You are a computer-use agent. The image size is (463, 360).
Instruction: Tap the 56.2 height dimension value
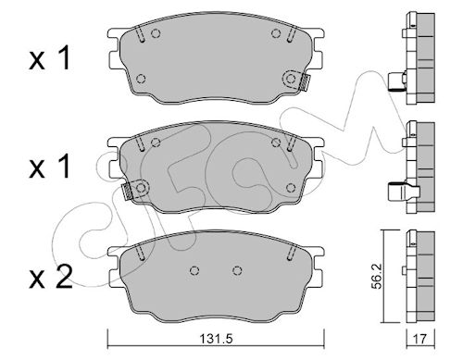[377, 277]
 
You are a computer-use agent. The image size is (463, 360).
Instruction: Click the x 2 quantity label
[51, 277]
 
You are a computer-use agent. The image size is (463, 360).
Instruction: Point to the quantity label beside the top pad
[49, 57]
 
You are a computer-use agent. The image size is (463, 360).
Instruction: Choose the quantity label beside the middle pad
[49, 167]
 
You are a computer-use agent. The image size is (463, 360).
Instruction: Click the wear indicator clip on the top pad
[305, 83]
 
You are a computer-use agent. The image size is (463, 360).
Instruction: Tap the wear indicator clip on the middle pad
[127, 192]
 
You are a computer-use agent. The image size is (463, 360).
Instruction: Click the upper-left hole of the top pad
[156, 33]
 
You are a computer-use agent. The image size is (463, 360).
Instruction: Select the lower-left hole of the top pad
[141, 79]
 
